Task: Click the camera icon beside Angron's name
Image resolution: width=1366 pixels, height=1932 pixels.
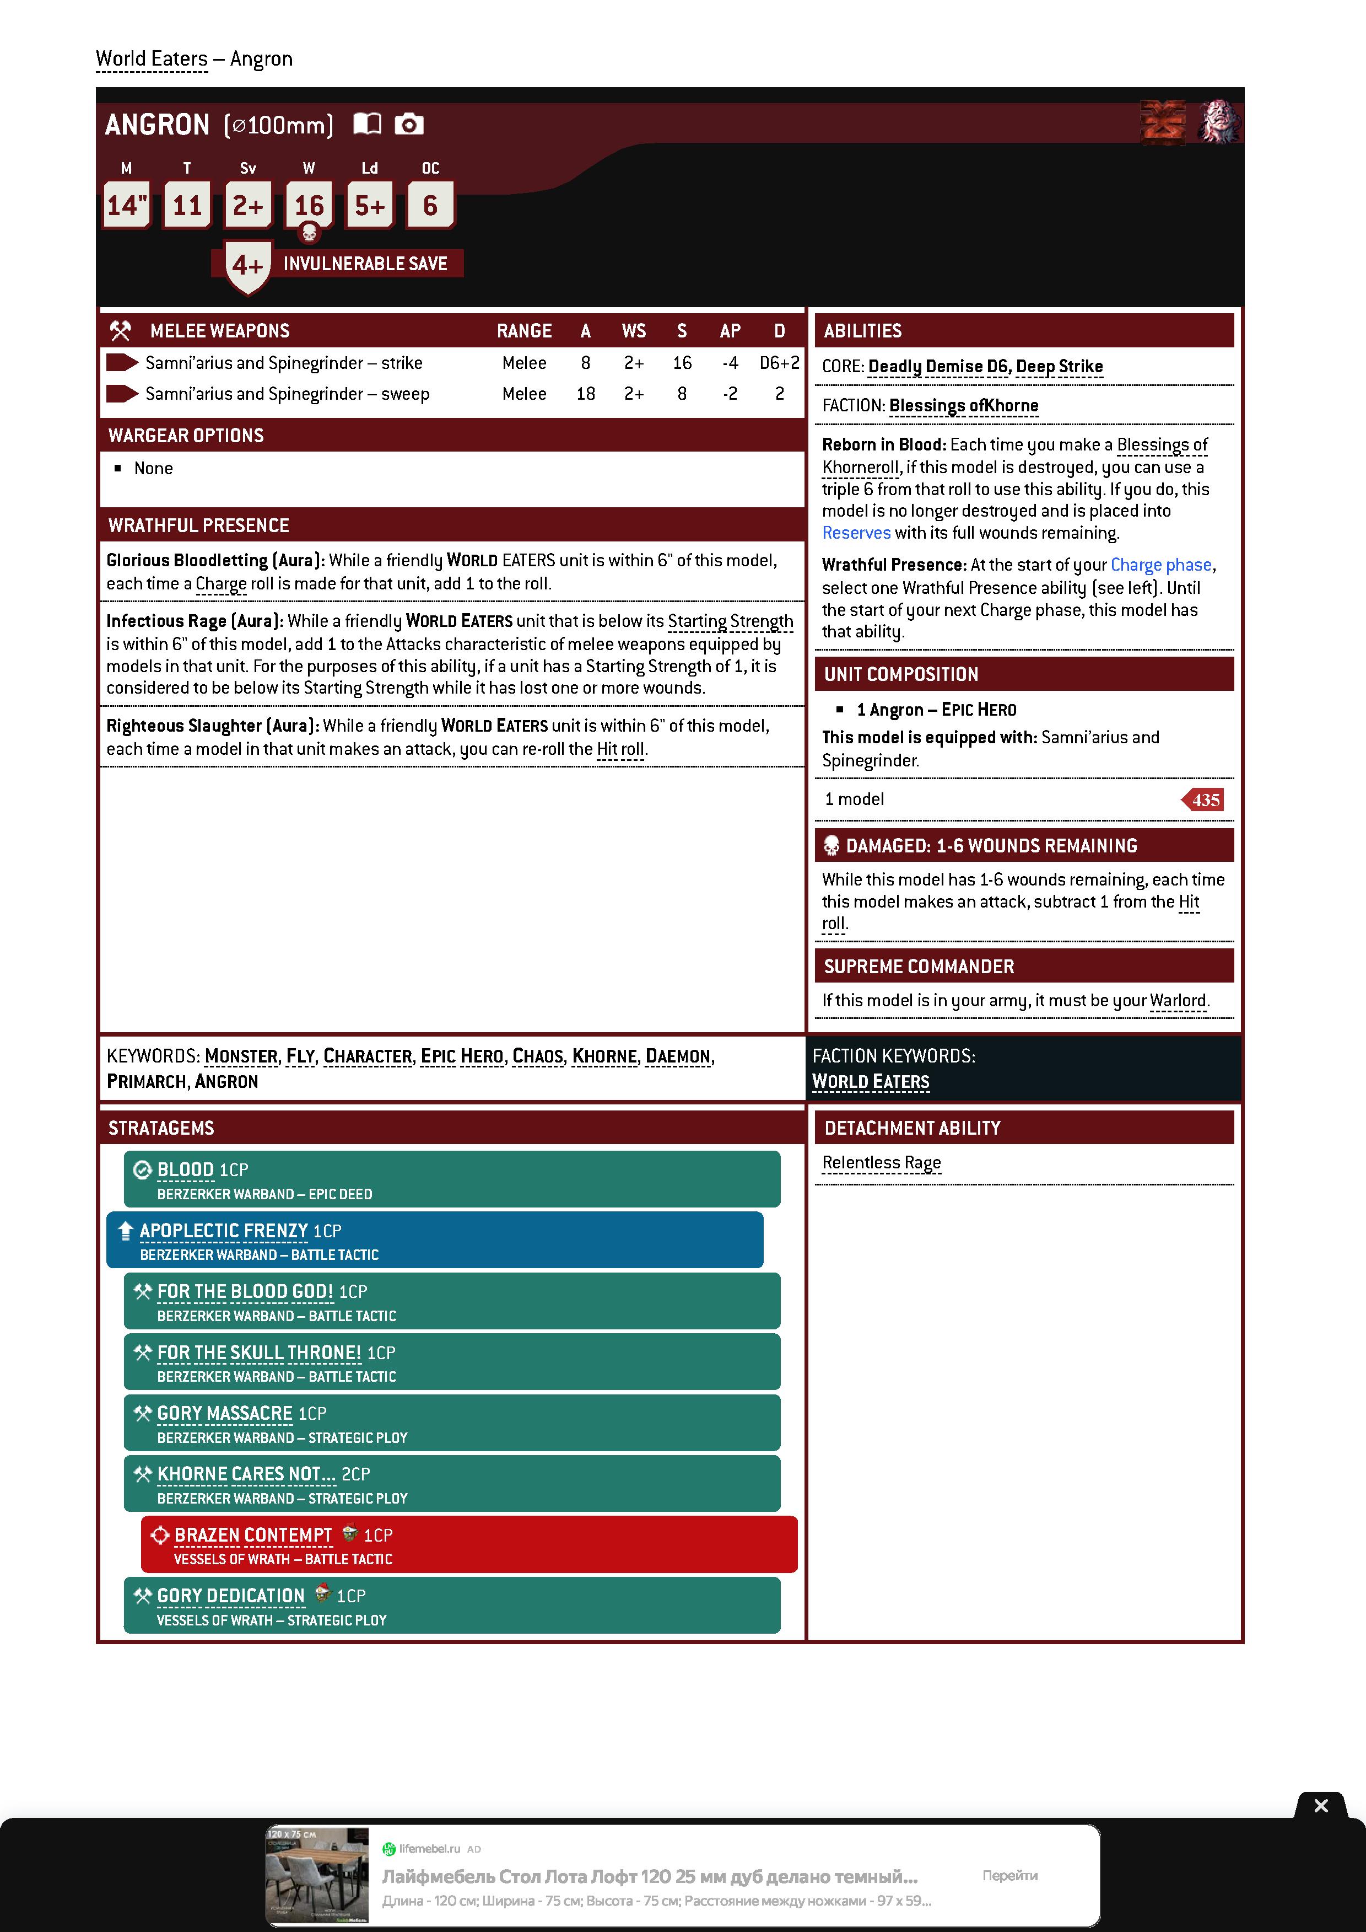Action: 409,125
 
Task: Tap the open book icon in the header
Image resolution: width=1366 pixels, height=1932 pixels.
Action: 367,125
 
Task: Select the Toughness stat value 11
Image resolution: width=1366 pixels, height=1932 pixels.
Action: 187,205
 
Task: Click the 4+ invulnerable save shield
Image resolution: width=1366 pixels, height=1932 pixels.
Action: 248,266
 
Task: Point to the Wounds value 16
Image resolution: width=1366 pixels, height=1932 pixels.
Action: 309,205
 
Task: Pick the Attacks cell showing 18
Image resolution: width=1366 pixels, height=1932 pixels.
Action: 585,394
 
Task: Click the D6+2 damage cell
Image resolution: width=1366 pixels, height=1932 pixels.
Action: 779,363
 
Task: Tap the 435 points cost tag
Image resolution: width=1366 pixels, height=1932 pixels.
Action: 1205,799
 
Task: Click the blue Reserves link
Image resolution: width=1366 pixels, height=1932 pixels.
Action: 855,533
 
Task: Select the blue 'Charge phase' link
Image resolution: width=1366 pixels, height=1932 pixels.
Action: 1161,565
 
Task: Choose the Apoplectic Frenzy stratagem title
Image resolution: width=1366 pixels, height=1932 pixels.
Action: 224,1230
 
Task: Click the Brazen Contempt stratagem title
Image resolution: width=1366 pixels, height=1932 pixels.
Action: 253,1535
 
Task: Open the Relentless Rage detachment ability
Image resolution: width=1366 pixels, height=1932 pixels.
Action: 881,1162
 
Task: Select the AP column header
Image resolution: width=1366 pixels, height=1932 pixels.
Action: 729,331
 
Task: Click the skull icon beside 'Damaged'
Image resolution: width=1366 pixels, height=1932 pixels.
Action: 831,846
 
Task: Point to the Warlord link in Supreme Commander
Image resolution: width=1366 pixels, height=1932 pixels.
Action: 1178,1001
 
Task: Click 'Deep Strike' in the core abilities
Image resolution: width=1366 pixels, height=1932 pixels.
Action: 1059,366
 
